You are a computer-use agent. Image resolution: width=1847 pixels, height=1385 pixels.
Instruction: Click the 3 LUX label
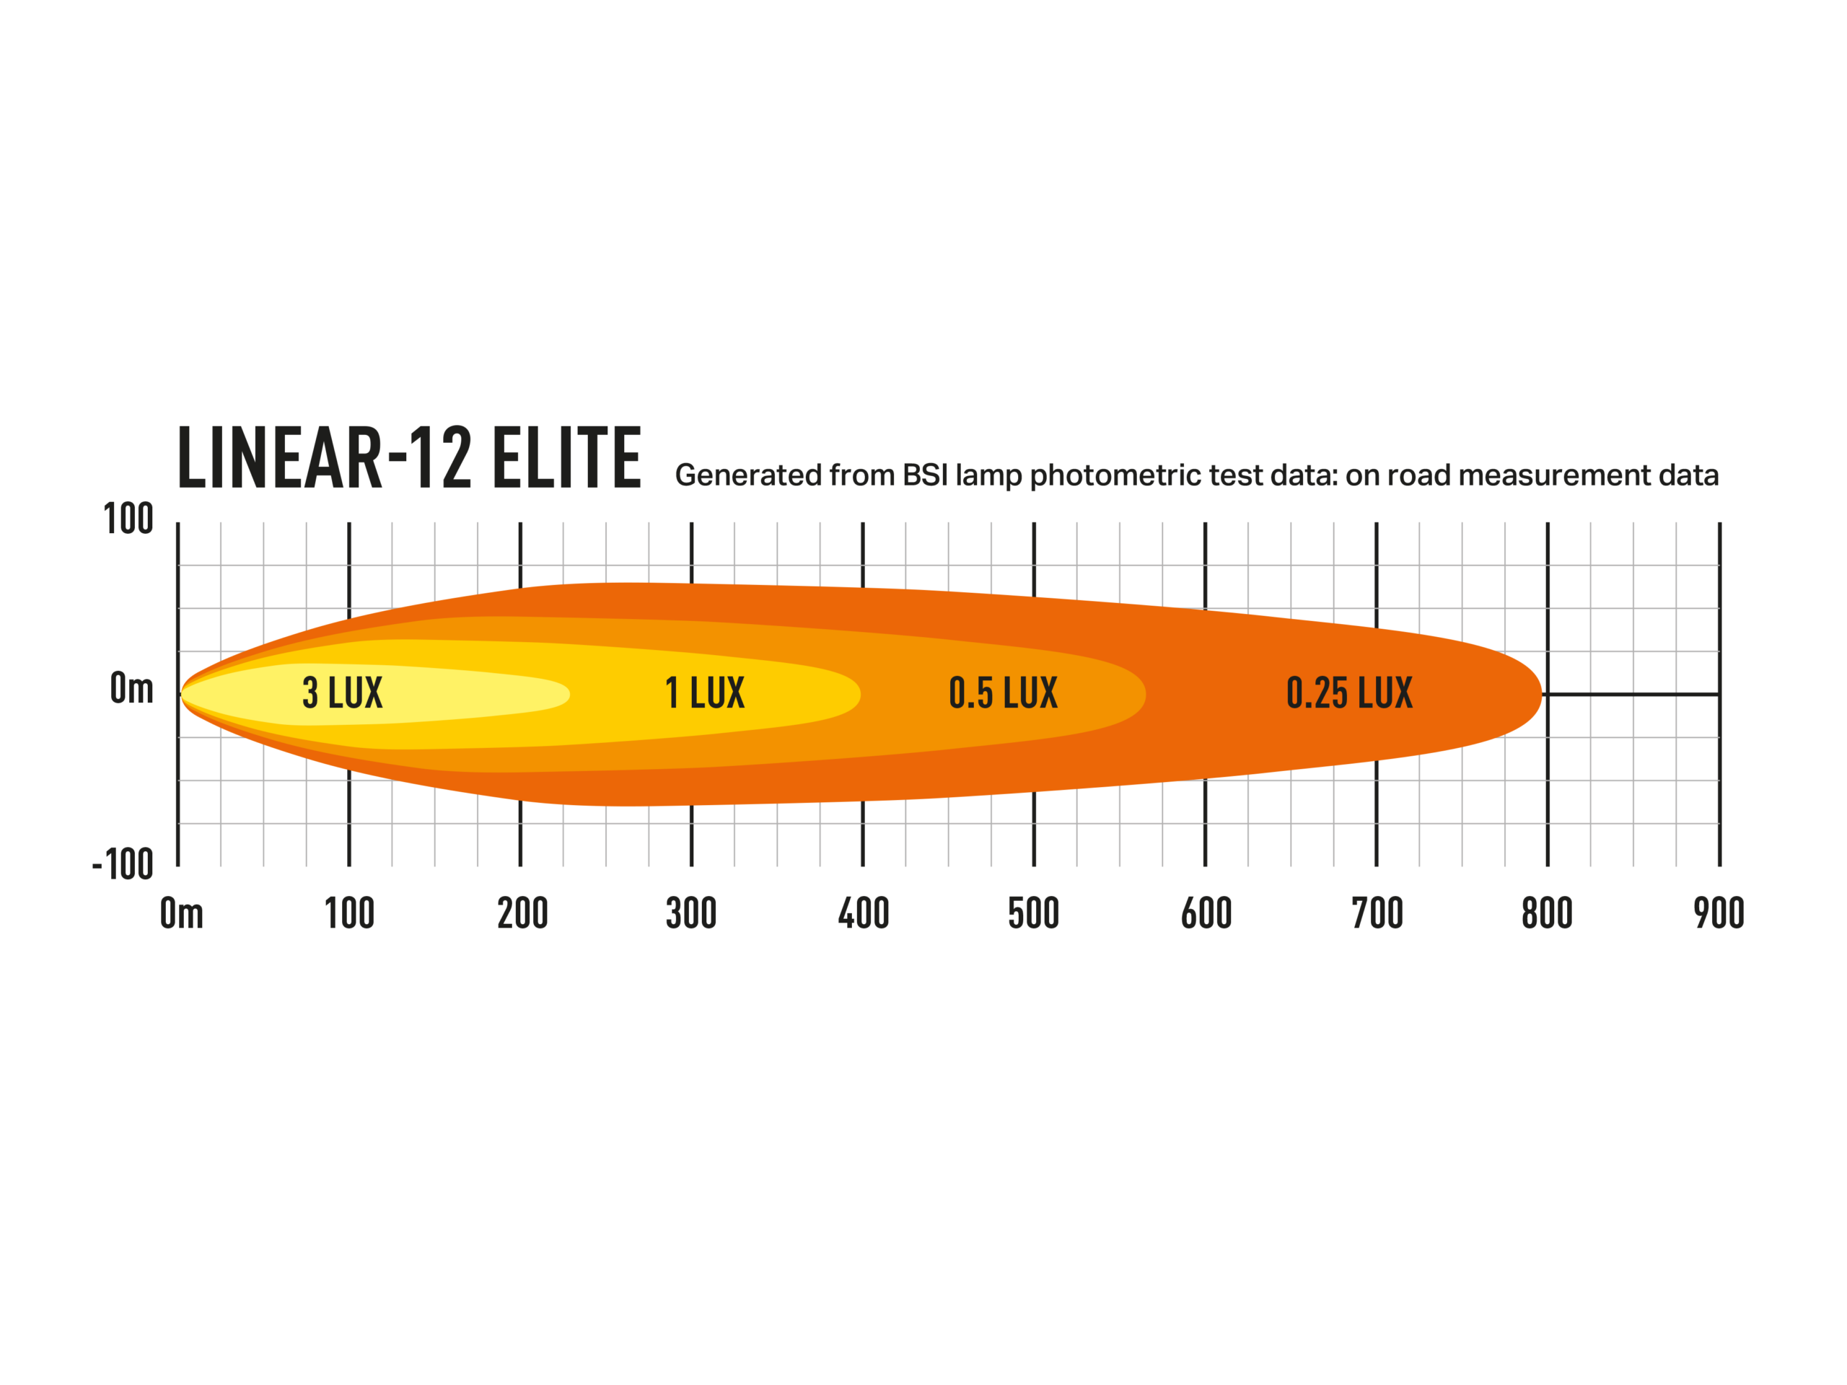[343, 693]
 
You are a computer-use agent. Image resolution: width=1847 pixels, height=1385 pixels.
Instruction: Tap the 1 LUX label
[705, 693]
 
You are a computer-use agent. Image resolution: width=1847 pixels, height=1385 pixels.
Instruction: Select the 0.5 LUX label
[1003, 693]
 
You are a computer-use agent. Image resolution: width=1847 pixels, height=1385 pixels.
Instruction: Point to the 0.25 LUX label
[1349, 693]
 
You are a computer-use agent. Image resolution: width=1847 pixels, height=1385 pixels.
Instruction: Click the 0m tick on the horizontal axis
[182, 913]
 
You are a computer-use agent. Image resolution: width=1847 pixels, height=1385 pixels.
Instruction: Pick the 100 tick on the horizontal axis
[349, 913]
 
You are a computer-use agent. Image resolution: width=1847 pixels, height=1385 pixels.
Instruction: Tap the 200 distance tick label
[522, 913]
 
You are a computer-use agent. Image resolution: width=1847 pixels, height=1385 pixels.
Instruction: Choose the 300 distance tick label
[691, 913]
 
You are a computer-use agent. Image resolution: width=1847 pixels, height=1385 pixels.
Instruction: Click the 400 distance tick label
[864, 913]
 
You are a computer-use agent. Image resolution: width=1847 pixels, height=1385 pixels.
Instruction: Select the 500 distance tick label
[1034, 913]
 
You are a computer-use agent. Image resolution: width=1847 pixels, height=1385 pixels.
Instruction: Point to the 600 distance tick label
[1206, 913]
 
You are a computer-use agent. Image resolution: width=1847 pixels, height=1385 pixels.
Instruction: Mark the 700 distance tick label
[1378, 913]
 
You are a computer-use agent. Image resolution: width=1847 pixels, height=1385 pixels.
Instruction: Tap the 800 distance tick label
[1548, 913]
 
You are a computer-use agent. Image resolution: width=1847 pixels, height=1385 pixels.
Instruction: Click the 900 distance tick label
[1719, 913]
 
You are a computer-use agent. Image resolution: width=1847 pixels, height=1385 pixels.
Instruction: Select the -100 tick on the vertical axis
[123, 865]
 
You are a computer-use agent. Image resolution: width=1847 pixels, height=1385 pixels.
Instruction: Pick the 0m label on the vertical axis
[132, 689]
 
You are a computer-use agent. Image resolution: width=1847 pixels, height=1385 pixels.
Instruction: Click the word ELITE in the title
[567, 457]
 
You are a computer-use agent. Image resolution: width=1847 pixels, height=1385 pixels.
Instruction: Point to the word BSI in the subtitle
[925, 475]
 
